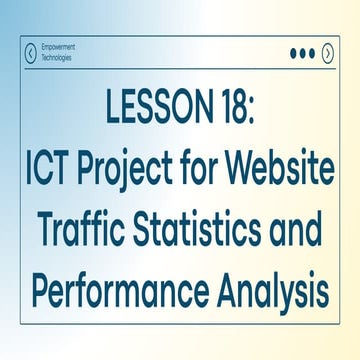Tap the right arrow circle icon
tap(328, 52)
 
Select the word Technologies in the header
tap(64, 58)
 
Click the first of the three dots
tap(294, 53)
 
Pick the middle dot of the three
tap(303, 53)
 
